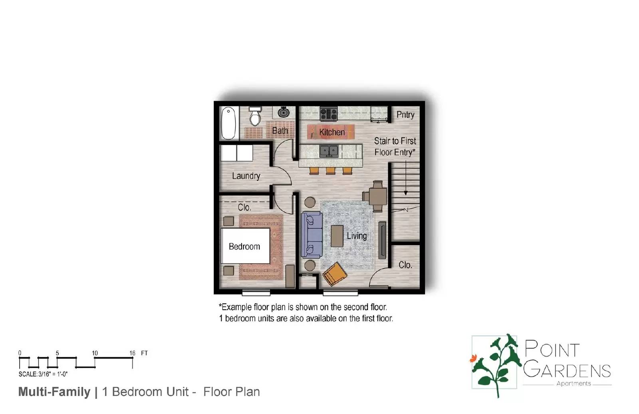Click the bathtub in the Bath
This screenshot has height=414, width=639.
coord(228,123)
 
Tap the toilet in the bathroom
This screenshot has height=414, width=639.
coord(255,116)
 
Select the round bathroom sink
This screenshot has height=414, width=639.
coord(284,112)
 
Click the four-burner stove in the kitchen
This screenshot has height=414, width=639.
coord(329,114)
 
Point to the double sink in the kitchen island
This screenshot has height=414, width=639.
coord(329,151)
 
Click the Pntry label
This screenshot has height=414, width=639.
coord(405,115)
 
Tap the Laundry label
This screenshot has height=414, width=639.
coord(246,176)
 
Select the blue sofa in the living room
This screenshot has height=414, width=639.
coord(312,235)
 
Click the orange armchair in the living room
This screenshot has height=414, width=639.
coord(335,274)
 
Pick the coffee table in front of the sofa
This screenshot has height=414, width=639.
coord(337,236)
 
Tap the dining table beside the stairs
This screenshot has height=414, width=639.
coord(377,196)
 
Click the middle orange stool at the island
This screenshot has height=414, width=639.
coord(330,171)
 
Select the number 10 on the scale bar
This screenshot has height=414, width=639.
coord(95,353)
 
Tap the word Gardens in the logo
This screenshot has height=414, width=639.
coord(567,370)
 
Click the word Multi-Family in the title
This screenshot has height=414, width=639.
coord(54,392)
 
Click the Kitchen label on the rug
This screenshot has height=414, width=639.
coord(331,132)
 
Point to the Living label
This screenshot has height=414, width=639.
coord(356,236)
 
